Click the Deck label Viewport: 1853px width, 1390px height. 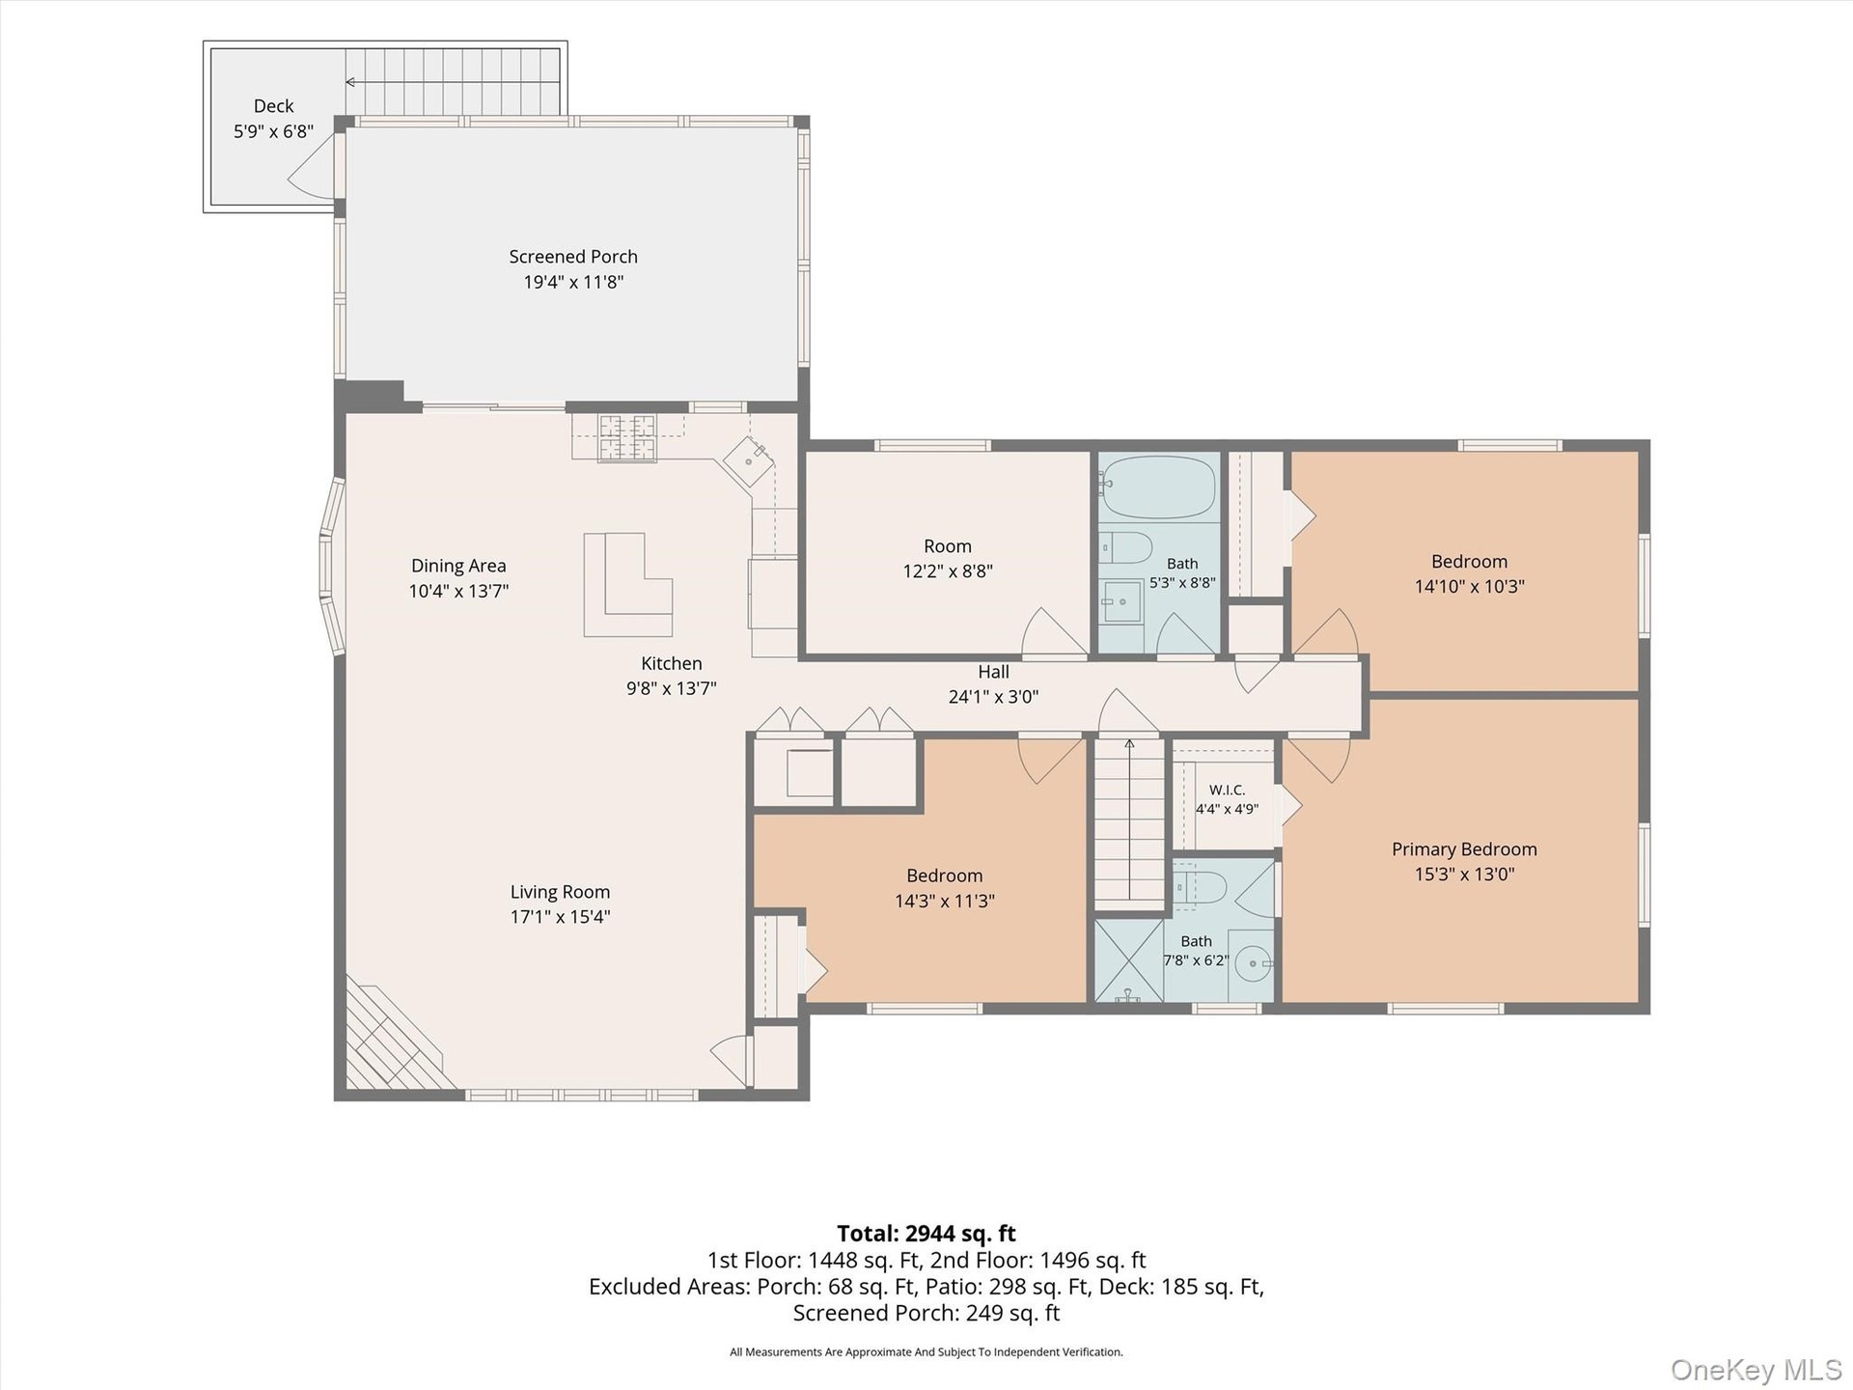coord(273,106)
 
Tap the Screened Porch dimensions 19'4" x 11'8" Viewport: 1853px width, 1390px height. coord(573,282)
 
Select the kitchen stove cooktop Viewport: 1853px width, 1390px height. coord(626,438)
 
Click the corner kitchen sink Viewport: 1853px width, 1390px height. coord(749,461)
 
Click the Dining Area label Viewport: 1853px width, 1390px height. coord(458,566)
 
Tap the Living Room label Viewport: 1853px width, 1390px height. coord(560,892)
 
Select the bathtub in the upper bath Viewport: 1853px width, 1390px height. coord(1158,487)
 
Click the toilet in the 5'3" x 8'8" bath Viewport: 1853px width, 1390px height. coord(1125,548)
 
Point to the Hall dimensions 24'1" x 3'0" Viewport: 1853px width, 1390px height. coord(993,697)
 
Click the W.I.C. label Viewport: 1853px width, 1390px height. coord(1227,790)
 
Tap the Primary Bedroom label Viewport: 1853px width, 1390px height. coord(1464,849)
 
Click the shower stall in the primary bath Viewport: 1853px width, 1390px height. coord(1128,960)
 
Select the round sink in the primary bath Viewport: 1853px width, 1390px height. coord(1253,963)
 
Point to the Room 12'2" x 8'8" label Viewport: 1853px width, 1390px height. coord(948,558)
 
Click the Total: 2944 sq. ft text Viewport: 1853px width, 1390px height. coord(926,1234)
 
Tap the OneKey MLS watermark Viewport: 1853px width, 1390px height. coord(1756,1370)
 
